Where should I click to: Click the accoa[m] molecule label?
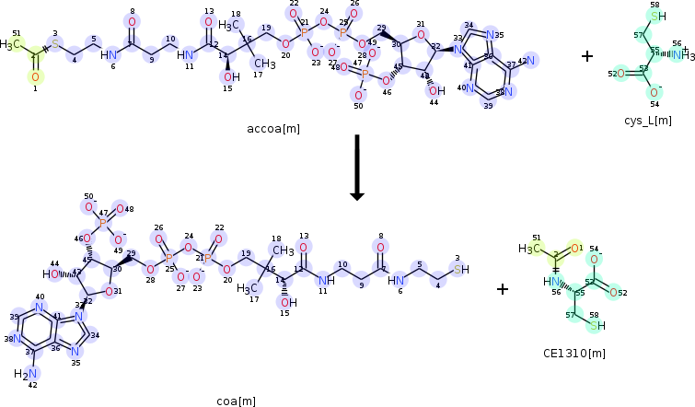tap(273, 128)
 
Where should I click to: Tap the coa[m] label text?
tap(236, 401)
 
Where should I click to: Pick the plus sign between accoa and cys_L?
tap(587, 56)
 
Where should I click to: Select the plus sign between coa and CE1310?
tap(503, 289)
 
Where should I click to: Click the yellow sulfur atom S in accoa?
tap(54, 44)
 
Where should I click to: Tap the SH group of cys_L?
tap(655, 17)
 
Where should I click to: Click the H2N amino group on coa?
tap(27, 373)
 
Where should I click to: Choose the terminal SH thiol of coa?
tap(461, 269)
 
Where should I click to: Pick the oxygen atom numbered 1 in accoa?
tap(35, 77)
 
